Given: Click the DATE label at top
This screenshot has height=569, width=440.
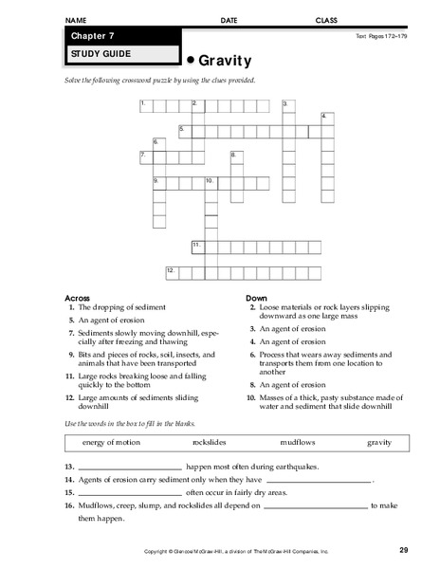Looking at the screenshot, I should pyautogui.click(x=229, y=19).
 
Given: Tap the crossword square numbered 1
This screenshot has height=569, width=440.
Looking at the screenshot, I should pyautogui.click(x=144, y=103).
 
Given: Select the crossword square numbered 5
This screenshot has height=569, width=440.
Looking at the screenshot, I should pyautogui.click(x=184, y=130).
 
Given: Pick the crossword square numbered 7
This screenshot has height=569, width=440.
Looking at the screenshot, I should pyautogui.click(x=144, y=156).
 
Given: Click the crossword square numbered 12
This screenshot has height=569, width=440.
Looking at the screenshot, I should pyautogui.click(x=171, y=272).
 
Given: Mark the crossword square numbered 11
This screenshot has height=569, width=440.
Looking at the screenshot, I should pyautogui.click(x=197, y=247).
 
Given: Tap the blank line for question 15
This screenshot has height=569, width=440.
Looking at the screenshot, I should pyautogui.click(x=128, y=494).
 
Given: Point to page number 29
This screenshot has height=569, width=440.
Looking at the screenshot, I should pyautogui.click(x=403, y=550).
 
